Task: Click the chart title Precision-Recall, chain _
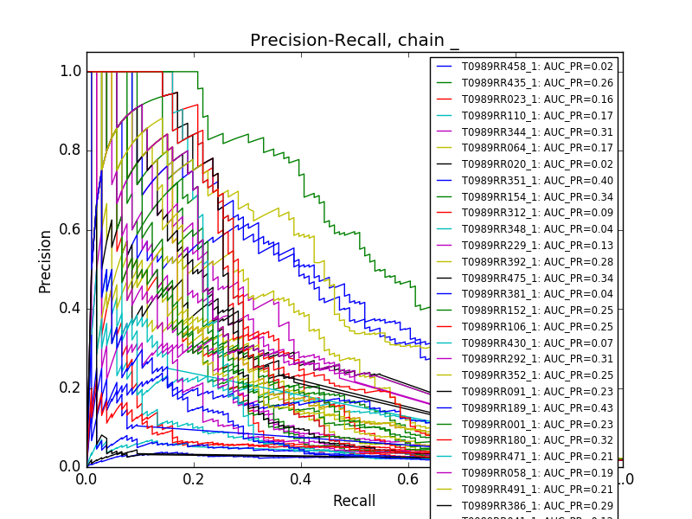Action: pyautogui.click(x=355, y=41)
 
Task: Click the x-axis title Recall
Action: pyautogui.click(x=355, y=501)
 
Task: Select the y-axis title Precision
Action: pyautogui.click(x=45, y=260)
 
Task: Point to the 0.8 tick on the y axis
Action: pyautogui.click(x=71, y=151)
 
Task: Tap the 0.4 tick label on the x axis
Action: pyautogui.click(x=301, y=478)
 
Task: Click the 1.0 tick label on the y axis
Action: pyautogui.click(x=71, y=72)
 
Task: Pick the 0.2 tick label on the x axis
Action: pyautogui.click(x=194, y=478)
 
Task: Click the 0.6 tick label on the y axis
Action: pyautogui.click(x=71, y=229)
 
